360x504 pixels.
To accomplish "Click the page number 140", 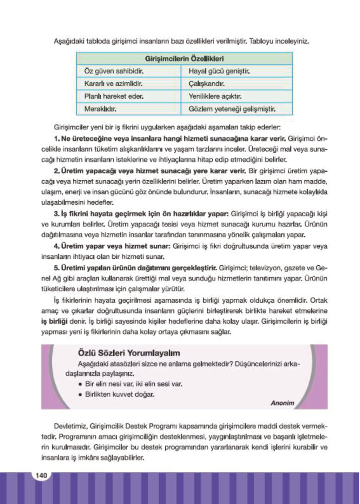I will (41, 475).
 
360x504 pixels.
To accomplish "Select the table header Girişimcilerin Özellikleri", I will (184, 59).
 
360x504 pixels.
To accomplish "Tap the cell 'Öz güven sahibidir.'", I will (114, 71).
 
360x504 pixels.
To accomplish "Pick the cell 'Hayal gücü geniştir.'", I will (219, 71).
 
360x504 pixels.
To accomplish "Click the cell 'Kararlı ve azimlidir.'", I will (113, 84).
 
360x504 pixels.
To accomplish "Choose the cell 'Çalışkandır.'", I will (207, 84).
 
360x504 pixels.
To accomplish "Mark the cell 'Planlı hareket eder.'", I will (114, 96).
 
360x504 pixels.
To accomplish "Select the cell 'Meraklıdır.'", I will (100, 109).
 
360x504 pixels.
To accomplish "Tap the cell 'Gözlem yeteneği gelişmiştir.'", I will (232, 109).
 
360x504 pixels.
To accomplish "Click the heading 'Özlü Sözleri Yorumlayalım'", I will (129, 353).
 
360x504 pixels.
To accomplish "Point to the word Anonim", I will (282, 403).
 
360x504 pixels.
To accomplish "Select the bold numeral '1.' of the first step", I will (57, 139).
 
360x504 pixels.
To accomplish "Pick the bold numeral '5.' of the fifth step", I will (57, 268).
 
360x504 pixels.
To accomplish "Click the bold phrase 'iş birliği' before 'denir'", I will (54, 322).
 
